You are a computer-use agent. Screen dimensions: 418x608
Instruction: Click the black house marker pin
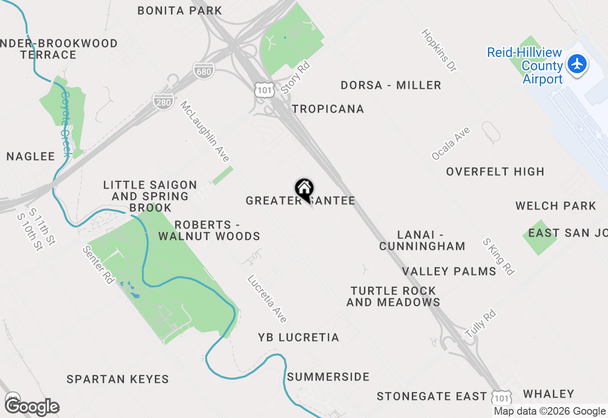[304, 190]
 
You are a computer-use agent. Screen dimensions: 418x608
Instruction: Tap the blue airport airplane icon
[577, 64]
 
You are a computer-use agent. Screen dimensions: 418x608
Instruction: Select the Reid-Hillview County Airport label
[525, 66]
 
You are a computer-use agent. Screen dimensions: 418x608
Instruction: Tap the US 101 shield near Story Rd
[263, 90]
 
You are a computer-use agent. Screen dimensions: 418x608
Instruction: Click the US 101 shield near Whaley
[502, 397]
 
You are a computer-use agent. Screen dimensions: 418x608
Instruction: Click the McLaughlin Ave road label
[205, 131]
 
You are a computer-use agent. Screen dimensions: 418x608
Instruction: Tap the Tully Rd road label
[481, 324]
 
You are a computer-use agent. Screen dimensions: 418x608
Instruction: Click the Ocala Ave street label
[451, 143]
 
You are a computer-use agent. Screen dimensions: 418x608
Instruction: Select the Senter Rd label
[99, 265]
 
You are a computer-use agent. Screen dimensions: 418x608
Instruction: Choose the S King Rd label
[498, 256]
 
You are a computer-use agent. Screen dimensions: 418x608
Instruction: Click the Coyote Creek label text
[65, 124]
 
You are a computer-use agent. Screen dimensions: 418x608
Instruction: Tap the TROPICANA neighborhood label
[328, 109]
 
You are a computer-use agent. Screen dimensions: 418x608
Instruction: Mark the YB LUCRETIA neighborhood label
[298, 337]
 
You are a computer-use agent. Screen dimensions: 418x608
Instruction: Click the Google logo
[32, 407]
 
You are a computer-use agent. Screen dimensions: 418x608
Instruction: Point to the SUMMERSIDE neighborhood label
[328, 377]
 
